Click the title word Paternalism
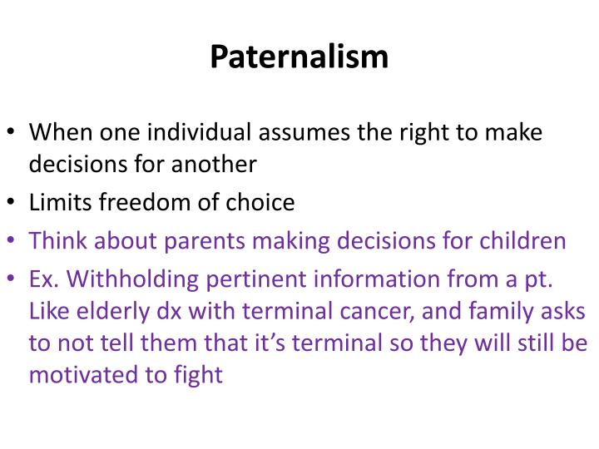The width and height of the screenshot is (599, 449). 299,57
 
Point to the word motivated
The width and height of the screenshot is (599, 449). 82,375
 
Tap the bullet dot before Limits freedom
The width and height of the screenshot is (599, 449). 12,203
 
